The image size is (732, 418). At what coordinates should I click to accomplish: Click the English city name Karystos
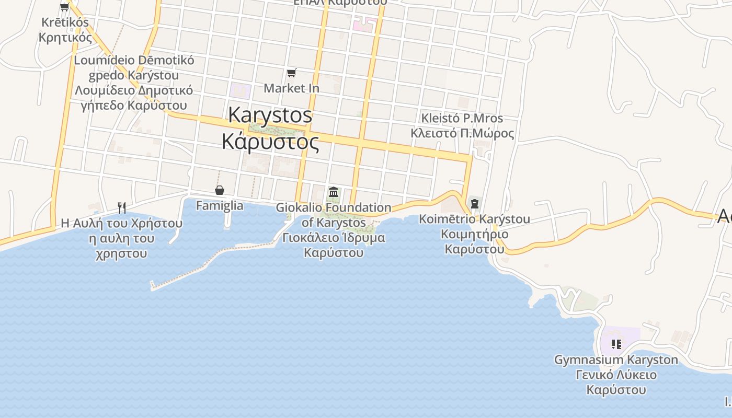(x=270, y=115)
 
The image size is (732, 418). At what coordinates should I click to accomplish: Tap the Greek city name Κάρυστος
(x=270, y=141)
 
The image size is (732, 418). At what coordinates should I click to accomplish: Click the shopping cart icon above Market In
(x=291, y=73)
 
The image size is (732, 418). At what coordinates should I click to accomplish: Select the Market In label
(x=291, y=88)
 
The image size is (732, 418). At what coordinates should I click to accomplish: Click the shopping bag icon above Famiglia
(x=220, y=190)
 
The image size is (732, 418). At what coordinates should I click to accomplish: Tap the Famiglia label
(x=220, y=206)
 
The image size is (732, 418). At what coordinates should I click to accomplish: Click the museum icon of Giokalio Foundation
(x=334, y=192)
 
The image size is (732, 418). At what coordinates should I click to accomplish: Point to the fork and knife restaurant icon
(x=122, y=208)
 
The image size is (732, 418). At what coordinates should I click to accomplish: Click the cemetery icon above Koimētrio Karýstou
(x=475, y=204)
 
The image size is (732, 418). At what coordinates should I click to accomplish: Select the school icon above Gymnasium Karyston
(x=616, y=344)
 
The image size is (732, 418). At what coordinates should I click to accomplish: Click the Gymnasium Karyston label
(x=616, y=360)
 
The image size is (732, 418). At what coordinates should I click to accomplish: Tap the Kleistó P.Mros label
(x=462, y=118)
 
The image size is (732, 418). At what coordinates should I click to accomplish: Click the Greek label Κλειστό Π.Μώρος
(x=462, y=133)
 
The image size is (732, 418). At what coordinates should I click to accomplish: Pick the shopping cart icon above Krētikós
(x=65, y=7)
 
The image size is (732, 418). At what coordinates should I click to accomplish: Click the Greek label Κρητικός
(x=65, y=38)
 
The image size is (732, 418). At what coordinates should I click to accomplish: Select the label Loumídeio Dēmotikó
(x=134, y=60)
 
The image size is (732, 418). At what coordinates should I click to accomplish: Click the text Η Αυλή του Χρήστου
(x=122, y=224)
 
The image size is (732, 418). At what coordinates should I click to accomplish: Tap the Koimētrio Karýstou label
(x=475, y=219)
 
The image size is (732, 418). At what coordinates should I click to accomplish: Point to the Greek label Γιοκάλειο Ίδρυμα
(x=334, y=238)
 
